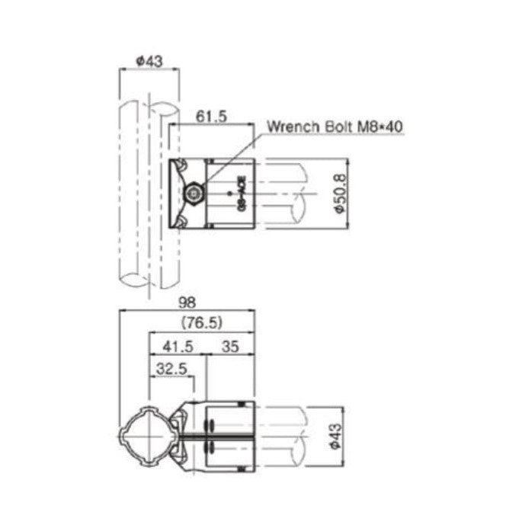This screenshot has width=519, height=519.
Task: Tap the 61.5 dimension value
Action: pos(210,115)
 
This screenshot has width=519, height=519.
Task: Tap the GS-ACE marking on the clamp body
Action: pos(241,194)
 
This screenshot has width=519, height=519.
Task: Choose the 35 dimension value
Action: pos(231,346)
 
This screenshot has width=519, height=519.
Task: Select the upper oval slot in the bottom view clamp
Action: pos(210,427)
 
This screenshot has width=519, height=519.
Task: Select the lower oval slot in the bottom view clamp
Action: pos(210,450)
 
